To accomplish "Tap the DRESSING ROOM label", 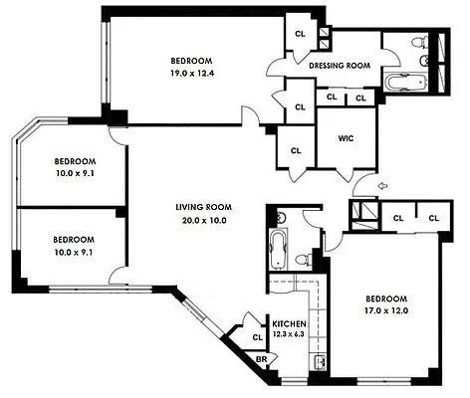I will [x=340, y=67].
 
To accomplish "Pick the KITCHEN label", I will [x=289, y=324].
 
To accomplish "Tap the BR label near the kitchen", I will [x=262, y=360].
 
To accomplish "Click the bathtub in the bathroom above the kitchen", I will [x=276, y=246].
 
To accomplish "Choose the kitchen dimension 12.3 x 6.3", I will [x=289, y=335].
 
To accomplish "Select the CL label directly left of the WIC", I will [x=296, y=150].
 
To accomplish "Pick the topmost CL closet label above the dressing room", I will [x=300, y=35].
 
